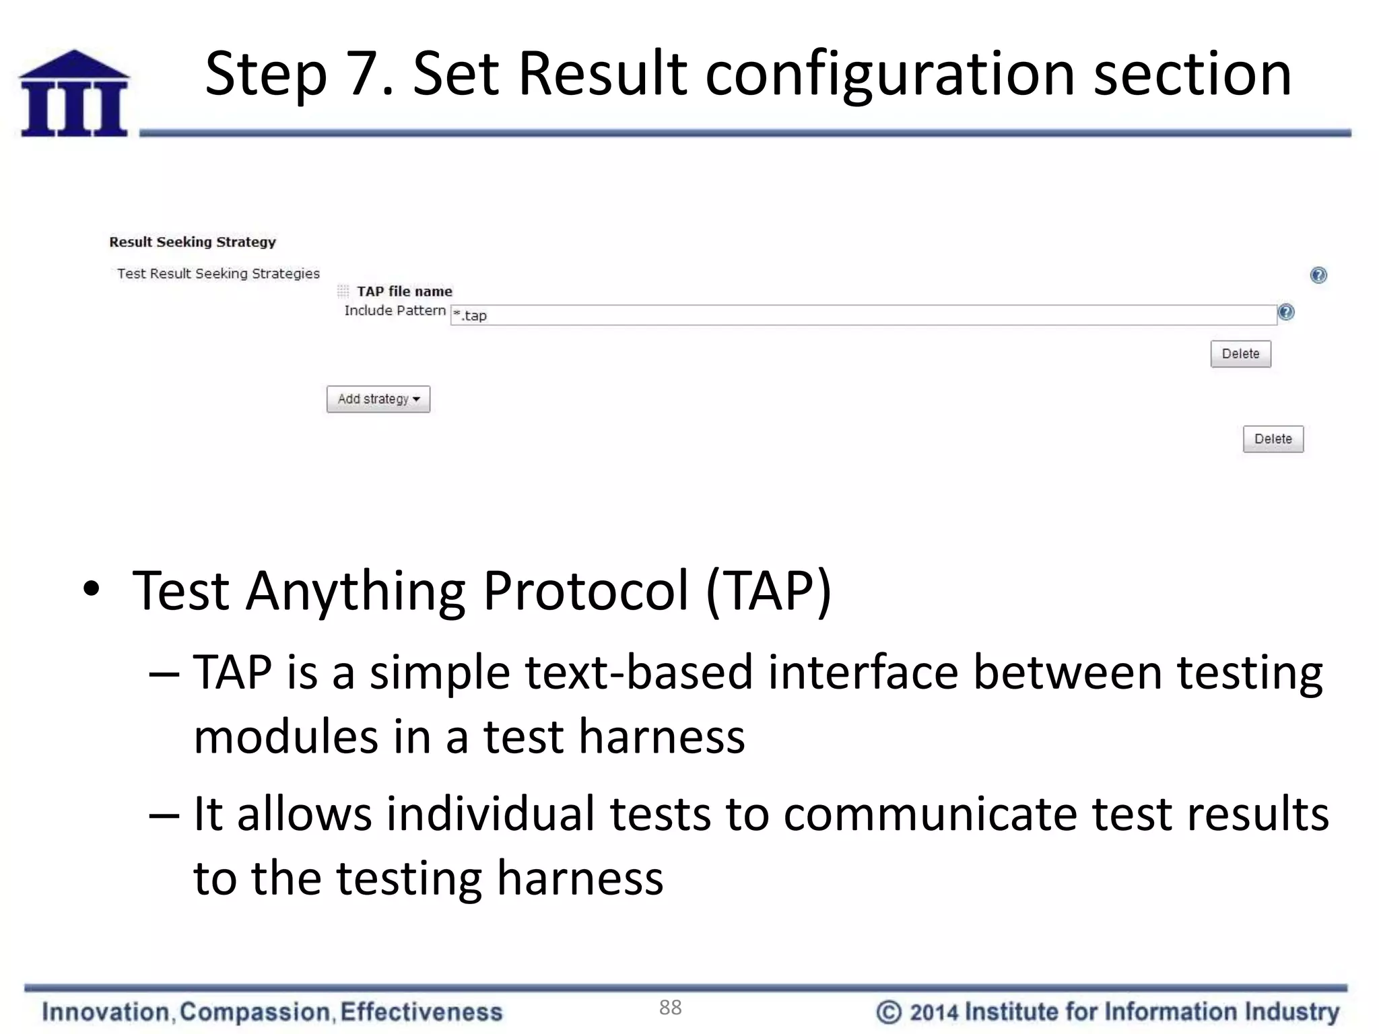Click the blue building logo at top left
click(x=74, y=94)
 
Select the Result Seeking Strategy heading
click(x=193, y=242)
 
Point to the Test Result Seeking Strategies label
click(x=218, y=273)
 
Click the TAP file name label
click(x=404, y=291)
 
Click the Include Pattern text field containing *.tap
click(x=862, y=315)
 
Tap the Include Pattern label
click(x=395, y=310)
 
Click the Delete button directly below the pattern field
click(x=1240, y=354)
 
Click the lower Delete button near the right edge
click(x=1273, y=439)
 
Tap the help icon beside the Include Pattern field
click(x=1285, y=312)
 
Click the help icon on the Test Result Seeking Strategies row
click(x=1318, y=275)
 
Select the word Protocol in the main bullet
click(x=586, y=591)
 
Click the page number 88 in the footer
click(x=670, y=1007)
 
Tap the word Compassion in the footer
click(x=255, y=1012)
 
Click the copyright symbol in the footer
click(x=888, y=1012)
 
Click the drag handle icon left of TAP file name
click(x=343, y=291)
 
